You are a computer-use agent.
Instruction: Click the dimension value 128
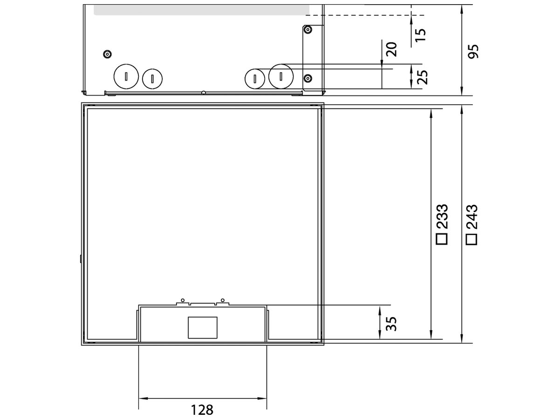[202, 410]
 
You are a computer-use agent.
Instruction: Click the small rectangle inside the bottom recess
[203, 327]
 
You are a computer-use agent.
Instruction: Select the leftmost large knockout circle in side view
[126, 76]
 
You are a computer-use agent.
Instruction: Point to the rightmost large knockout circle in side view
[281, 76]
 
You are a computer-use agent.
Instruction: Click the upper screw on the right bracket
[307, 30]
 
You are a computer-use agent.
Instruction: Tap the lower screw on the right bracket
[307, 77]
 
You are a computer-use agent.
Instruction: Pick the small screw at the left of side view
[108, 54]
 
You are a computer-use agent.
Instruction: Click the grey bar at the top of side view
[201, 10]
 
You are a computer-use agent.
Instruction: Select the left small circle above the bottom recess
[183, 299]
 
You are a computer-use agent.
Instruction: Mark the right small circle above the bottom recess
[223, 299]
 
